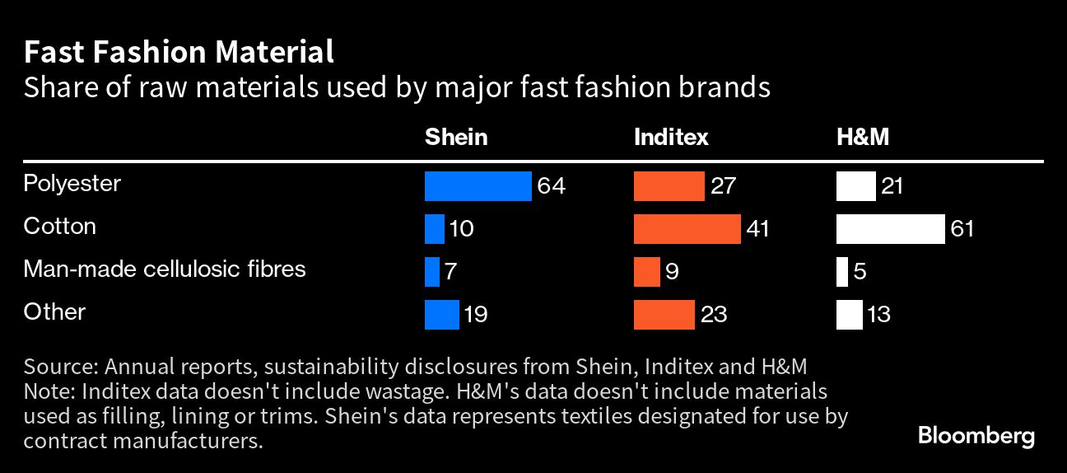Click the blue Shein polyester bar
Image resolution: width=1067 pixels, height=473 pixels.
coord(478,186)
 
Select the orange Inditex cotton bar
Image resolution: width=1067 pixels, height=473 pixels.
coord(687,229)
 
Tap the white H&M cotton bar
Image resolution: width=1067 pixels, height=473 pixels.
coord(890,229)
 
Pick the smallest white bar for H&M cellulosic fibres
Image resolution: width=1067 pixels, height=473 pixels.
coord(841,272)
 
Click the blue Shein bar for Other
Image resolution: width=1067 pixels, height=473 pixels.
coord(441,315)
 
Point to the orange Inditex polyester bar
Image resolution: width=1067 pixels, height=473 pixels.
coord(669,186)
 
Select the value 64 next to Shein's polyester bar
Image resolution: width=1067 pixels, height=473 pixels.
coord(551,186)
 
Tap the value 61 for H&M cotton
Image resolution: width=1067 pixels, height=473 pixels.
coord(961,229)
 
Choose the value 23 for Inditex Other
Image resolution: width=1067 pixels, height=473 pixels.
coord(713,315)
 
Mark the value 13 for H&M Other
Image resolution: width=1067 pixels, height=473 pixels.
coord(878,315)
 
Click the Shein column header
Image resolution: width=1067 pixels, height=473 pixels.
coord(455,137)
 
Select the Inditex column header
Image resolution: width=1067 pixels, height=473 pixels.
coord(671,137)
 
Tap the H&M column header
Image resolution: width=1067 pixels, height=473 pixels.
coord(862,137)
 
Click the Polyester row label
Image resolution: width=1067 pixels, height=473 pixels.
coord(72,184)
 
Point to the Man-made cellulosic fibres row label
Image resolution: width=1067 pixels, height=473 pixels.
coord(165,269)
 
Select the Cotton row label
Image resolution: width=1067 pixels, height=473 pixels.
coord(59,227)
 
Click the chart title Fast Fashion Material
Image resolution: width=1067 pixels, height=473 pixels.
coord(179,53)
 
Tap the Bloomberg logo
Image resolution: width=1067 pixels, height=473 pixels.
coord(976,436)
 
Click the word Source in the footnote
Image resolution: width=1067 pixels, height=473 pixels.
coord(56,366)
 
